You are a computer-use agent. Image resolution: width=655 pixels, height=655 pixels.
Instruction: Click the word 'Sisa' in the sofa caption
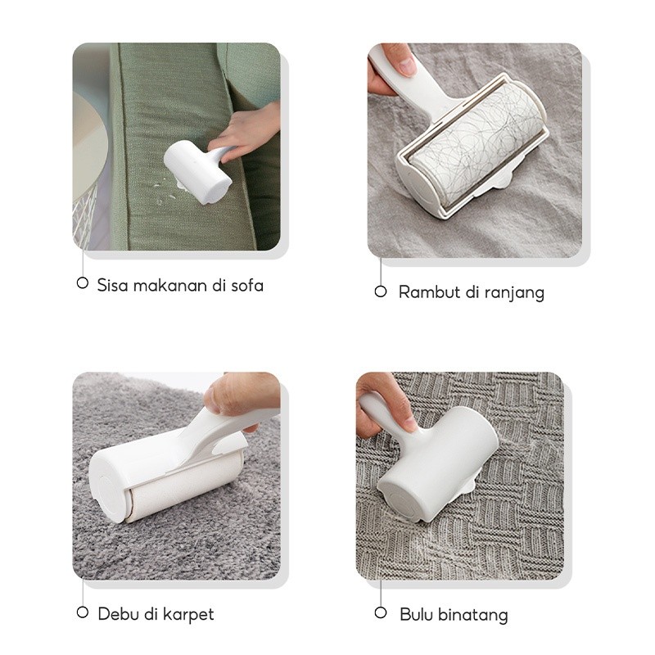click(x=111, y=285)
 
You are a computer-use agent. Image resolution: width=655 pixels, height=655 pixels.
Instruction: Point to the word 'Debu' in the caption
click(x=115, y=613)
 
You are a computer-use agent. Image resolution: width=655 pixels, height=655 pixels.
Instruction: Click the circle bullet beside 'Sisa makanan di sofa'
click(x=82, y=283)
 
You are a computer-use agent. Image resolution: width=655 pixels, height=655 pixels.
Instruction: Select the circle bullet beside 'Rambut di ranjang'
click(x=380, y=291)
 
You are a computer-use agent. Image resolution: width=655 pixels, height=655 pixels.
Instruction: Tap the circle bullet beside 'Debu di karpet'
click(x=82, y=612)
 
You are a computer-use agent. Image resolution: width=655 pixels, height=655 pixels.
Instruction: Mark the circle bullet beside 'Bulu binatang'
click(x=380, y=612)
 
